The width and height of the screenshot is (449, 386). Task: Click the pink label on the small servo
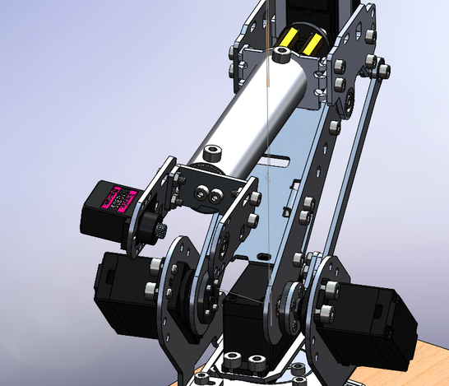click(116, 200)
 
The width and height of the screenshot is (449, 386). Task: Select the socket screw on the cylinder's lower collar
click(212, 153)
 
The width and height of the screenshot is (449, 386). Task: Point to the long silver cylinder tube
click(247, 115)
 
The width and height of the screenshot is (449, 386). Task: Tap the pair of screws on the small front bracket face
click(210, 194)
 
